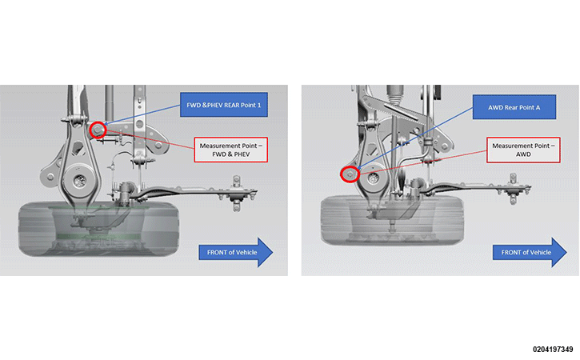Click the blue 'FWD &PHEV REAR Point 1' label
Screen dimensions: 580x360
pos(224,105)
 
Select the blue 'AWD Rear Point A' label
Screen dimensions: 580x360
pos(514,107)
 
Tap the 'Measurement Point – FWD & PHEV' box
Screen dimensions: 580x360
pos(231,150)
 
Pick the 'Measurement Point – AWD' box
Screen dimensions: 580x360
pos(523,150)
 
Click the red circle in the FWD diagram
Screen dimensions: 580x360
pos(98,123)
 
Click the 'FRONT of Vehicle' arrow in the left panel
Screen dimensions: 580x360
pos(236,252)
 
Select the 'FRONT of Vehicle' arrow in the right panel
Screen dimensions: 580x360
pos(530,252)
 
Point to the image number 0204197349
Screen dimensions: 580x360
pos(553,350)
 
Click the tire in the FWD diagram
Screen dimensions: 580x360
pos(98,230)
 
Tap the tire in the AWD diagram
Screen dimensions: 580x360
pos(392,221)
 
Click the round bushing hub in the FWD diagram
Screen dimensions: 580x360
pos(78,181)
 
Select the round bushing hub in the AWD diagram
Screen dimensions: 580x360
pos(373,178)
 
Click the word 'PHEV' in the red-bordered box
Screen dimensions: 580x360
pos(242,154)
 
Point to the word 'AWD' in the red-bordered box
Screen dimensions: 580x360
pos(523,154)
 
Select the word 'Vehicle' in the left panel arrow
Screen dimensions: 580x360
pos(247,252)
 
